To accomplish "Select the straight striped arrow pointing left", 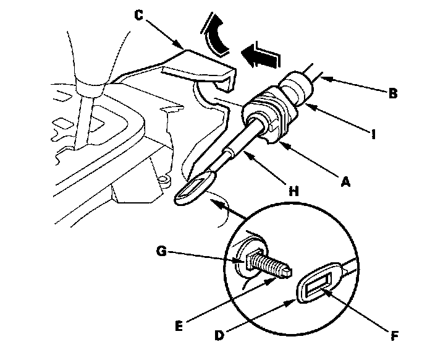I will click(x=259, y=57).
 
